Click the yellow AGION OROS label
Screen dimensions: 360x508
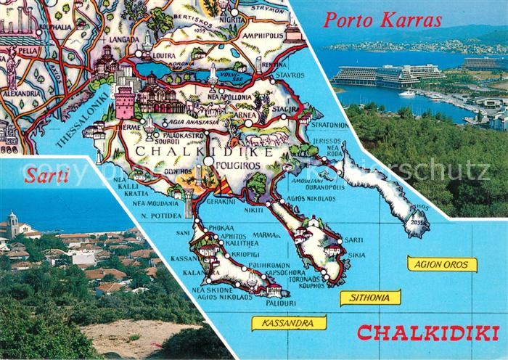tap(442, 264)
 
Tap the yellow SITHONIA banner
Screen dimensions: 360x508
tap(370, 297)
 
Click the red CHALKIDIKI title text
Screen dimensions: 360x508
tap(428, 334)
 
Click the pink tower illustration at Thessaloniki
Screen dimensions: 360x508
tap(124, 102)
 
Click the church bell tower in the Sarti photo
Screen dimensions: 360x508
tap(12, 223)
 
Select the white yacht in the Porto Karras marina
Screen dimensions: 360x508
tap(406, 93)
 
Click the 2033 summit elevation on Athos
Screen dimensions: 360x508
tap(417, 222)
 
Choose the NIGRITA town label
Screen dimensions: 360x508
tap(232, 21)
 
